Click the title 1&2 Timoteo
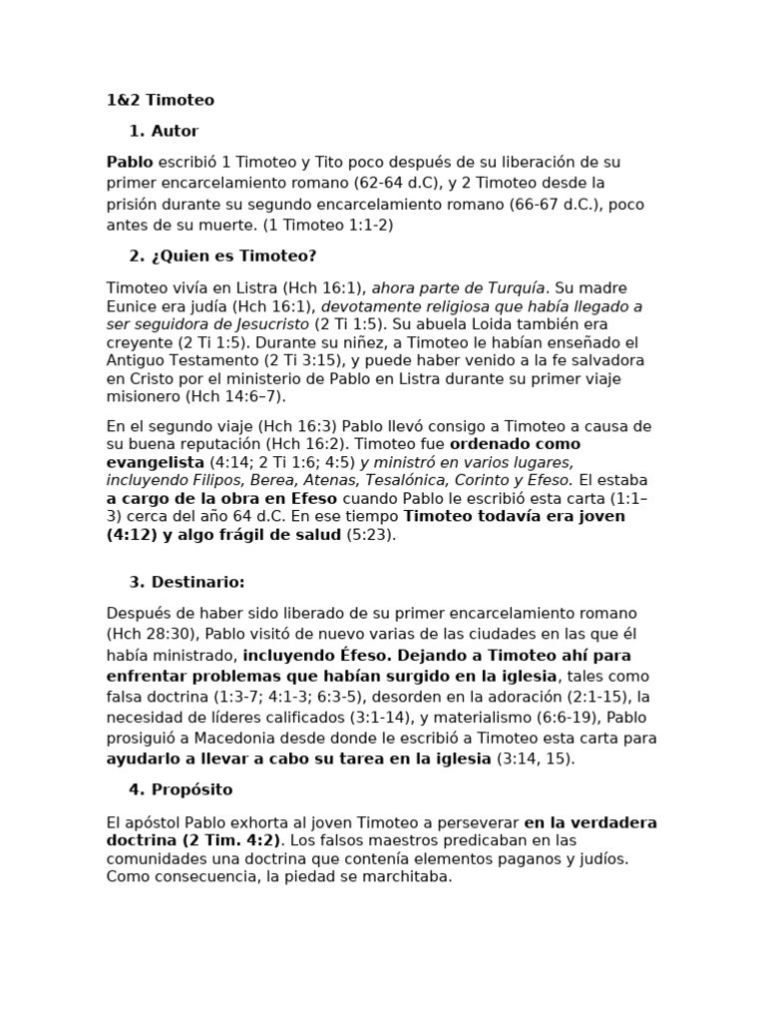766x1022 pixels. pos(160,100)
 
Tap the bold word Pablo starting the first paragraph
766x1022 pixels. pos(130,162)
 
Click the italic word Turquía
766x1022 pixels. pos(515,287)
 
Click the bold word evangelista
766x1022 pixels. pos(155,462)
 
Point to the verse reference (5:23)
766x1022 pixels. pos(370,535)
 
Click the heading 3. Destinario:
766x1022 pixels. pos(187,582)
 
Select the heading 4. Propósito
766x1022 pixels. pos(181,789)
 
